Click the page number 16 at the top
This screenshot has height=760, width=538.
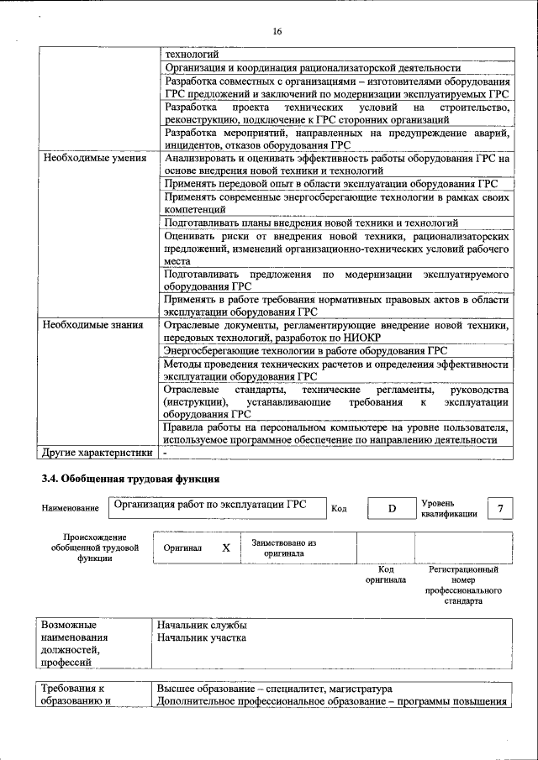coord(277,32)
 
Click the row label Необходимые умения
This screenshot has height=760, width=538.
coord(95,158)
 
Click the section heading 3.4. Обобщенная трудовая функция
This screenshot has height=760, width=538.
coord(130,480)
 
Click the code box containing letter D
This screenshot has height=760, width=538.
coord(391,509)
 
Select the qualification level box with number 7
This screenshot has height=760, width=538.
coord(501,509)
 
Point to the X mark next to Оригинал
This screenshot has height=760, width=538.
coord(225,548)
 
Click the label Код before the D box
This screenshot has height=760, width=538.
coord(339,509)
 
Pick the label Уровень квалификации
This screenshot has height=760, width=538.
coord(449,509)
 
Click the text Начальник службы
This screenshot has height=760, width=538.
coord(202,626)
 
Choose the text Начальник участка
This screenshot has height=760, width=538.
coord(203,638)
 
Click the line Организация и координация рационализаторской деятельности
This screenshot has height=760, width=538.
coord(312,68)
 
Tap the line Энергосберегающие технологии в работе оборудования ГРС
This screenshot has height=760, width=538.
coord(305,350)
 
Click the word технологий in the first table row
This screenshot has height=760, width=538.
coord(191,55)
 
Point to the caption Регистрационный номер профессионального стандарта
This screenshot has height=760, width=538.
coord(463,585)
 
